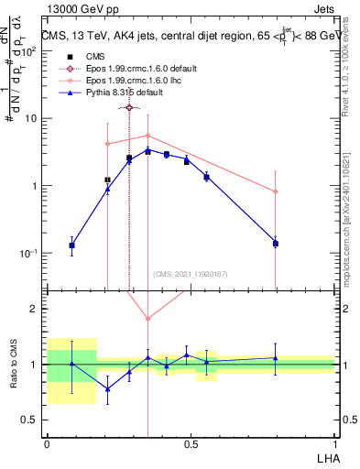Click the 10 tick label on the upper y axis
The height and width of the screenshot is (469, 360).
[x=33, y=119]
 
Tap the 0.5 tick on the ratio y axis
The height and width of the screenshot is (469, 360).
[x=32, y=420]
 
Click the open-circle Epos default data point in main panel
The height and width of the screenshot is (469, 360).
[x=129, y=107]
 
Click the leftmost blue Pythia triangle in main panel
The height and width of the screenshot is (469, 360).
[x=71, y=245]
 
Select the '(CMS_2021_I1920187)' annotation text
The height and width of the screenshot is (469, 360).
[x=190, y=274]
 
